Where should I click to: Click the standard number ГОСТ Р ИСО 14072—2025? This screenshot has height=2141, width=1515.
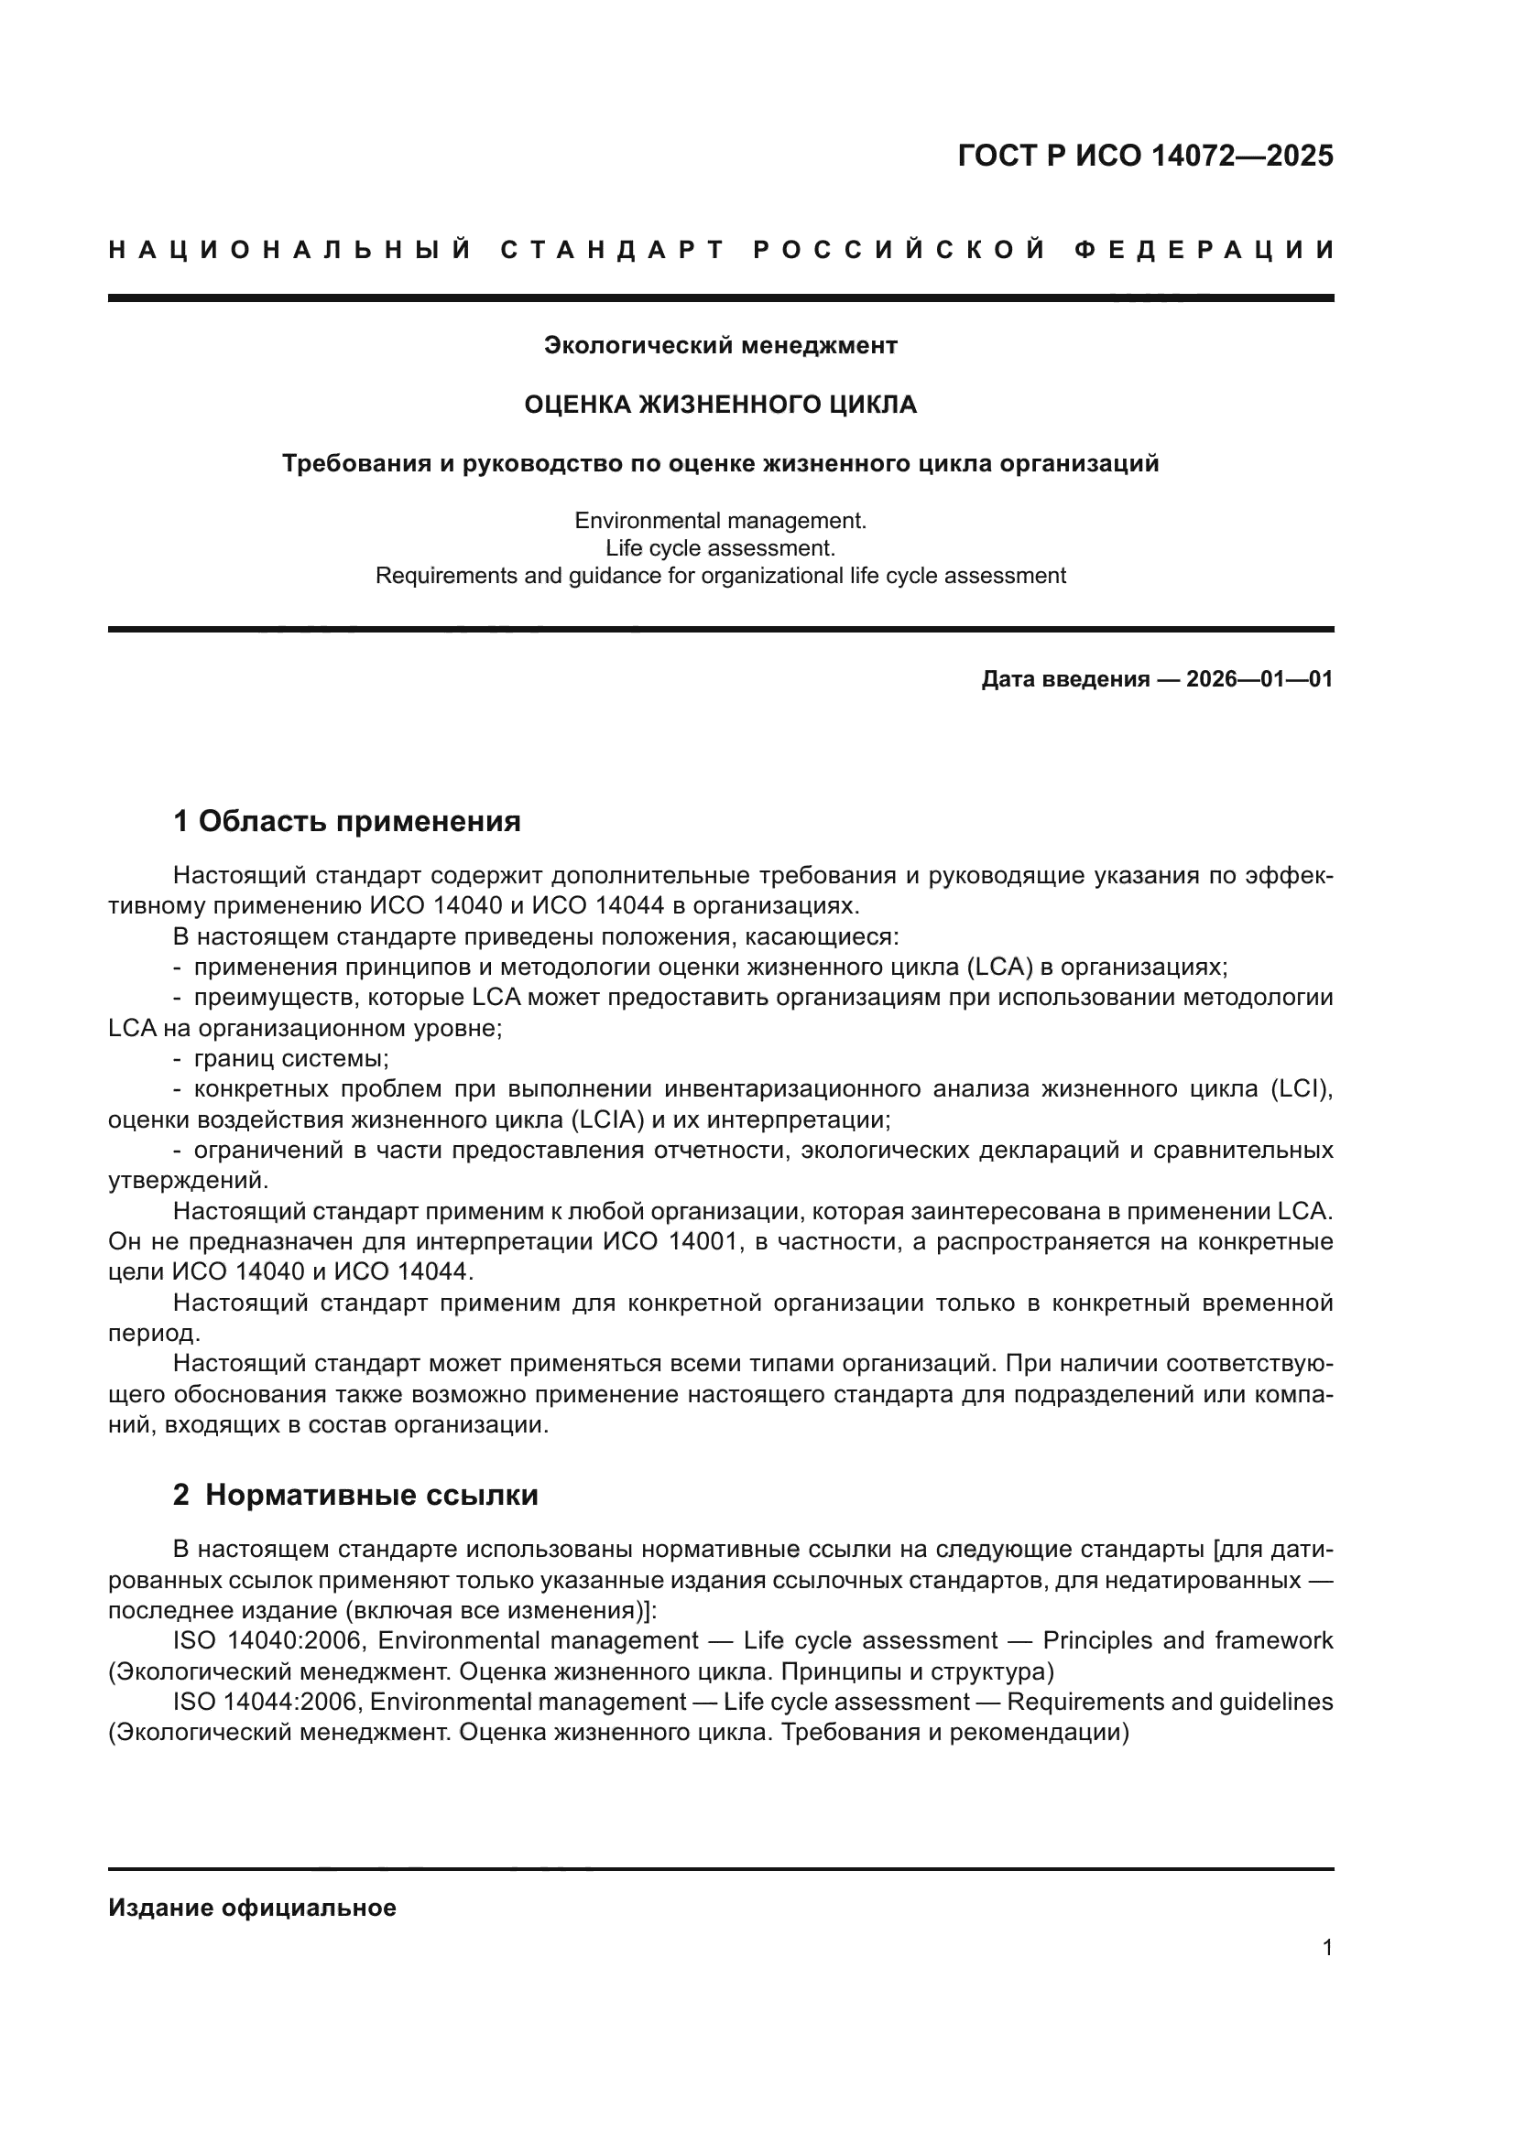point(1145,156)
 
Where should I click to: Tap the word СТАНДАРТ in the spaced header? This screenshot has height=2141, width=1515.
point(612,250)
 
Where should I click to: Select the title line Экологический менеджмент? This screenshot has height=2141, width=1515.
point(720,346)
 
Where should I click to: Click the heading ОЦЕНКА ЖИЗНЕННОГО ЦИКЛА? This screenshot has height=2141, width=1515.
point(720,405)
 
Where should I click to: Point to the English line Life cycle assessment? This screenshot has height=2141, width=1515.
point(720,547)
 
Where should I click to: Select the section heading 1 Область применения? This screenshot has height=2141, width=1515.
point(347,821)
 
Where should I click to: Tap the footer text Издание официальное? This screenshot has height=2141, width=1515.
point(252,1908)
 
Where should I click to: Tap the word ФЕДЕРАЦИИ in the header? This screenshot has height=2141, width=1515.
point(1204,250)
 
